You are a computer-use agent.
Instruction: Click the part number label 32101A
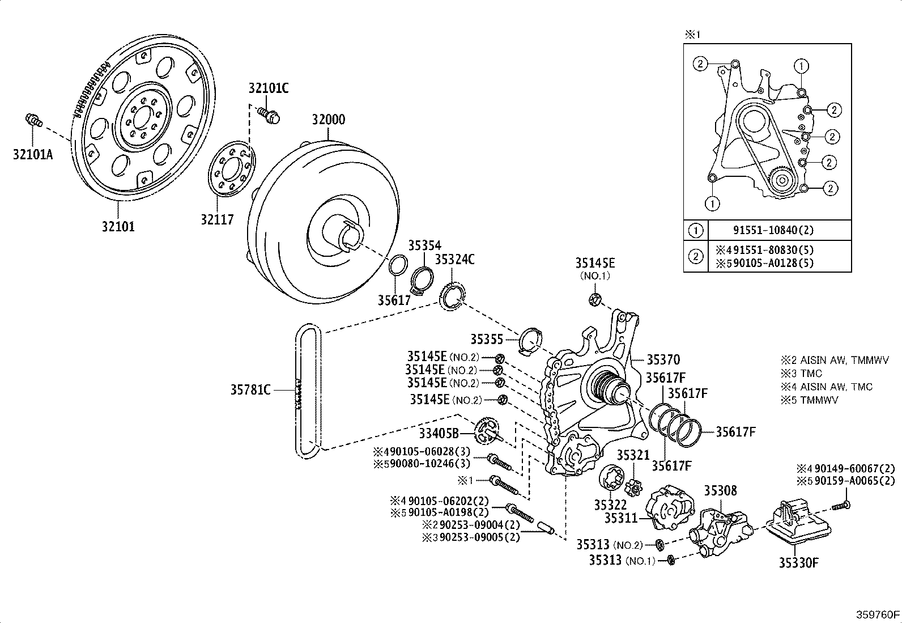[x=32, y=154]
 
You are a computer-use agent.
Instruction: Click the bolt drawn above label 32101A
[x=34, y=120]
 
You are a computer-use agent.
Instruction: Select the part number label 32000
[x=328, y=120]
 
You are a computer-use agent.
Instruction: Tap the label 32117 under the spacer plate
[x=216, y=219]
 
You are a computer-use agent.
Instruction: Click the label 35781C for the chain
[x=250, y=389]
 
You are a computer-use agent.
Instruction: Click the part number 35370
[x=663, y=359]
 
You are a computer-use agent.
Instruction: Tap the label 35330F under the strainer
[x=798, y=562]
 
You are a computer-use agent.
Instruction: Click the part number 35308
[x=720, y=490]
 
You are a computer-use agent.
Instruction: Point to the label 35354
[x=424, y=245]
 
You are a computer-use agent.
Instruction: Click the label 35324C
[x=454, y=259]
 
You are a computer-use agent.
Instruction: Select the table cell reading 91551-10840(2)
[x=781, y=230]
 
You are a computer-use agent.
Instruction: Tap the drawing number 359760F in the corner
[x=877, y=614]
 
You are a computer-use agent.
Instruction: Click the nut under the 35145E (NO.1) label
[x=595, y=300]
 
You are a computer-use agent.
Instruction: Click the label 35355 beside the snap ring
[x=486, y=339]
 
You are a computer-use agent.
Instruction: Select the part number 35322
[x=610, y=505]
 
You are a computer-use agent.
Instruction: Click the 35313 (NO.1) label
[x=622, y=560]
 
